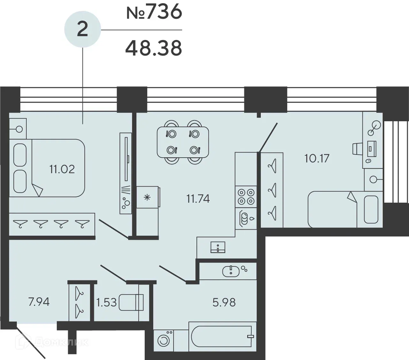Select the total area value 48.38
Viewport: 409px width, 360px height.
(154, 48)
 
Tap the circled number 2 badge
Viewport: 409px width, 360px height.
(82, 30)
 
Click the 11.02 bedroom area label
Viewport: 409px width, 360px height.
(62, 169)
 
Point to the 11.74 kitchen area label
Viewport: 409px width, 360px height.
(198, 199)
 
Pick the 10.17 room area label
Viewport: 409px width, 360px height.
(317, 158)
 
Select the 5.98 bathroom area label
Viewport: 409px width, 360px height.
(224, 302)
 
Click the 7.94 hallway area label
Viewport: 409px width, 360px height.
(39, 302)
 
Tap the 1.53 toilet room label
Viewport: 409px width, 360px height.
(106, 302)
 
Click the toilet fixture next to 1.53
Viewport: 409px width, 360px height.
(131, 302)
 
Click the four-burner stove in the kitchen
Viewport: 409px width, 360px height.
(246, 196)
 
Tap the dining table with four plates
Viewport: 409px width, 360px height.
(183, 142)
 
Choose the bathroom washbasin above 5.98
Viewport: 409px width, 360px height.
(231, 271)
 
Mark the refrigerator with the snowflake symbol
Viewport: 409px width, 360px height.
(148, 198)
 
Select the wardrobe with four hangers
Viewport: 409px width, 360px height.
(52, 224)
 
